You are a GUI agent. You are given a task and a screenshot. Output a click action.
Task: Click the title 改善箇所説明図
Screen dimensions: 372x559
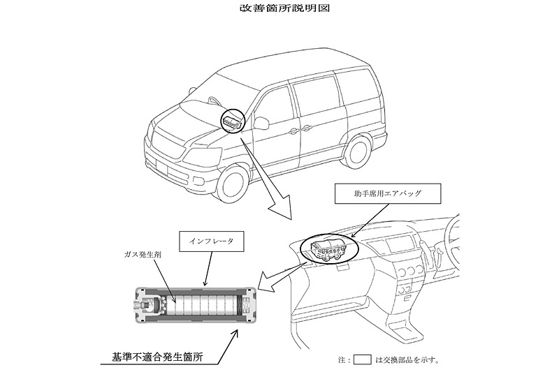click(x=279, y=10)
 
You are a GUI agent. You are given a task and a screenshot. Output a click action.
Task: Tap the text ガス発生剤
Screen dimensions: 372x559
click(x=138, y=256)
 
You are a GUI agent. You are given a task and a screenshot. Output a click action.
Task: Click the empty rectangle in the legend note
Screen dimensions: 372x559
click(x=362, y=360)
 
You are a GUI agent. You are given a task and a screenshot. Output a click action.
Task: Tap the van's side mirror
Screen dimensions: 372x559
click(x=261, y=124)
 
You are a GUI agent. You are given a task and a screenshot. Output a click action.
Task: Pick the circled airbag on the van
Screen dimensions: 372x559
click(x=233, y=121)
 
